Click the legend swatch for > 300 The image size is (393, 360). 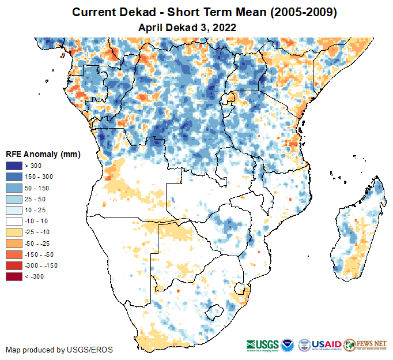(x=14, y=166)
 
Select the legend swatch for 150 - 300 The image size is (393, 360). (x=14, y=177)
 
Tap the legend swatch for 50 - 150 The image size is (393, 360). (x=14, y=188)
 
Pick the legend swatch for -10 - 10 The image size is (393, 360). (x=14, y=221)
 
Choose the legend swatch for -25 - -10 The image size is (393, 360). (x=14, y=232)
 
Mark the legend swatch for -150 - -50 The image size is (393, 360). (x=14, y=254)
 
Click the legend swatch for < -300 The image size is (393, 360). (x=14, y=276)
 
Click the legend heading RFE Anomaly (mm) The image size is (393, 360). (x=43, y=155)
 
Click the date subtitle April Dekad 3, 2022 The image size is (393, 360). (x=188, y=27)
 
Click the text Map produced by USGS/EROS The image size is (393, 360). (x=59, y=350)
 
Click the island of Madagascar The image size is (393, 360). (x=357, y=231)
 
